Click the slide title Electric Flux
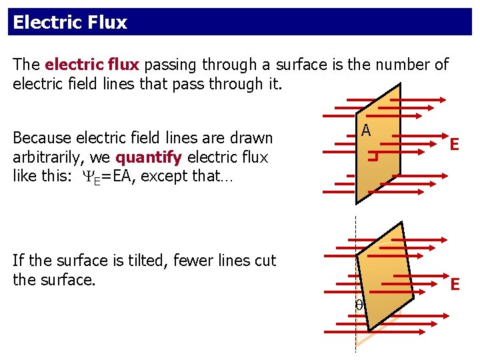point(69,23)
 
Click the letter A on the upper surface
point(366,130)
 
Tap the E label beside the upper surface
point(454,144)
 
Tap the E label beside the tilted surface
point(455,285)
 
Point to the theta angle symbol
point(359,304)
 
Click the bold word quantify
point(149,158)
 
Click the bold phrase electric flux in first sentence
point(92,65)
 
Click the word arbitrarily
point(47,158)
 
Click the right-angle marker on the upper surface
point(374,157)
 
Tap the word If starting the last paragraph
point(19,261)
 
